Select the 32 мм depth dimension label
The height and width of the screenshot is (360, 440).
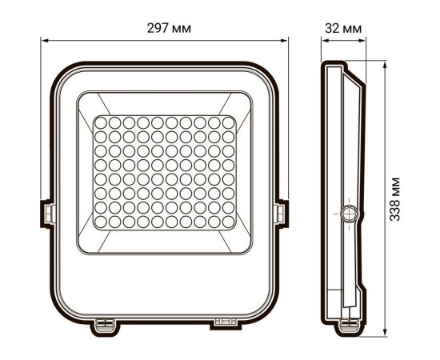tap(344, 28)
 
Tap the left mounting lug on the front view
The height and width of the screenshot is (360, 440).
tap(47, 213)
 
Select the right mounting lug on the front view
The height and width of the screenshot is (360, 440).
tap(281, 213)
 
